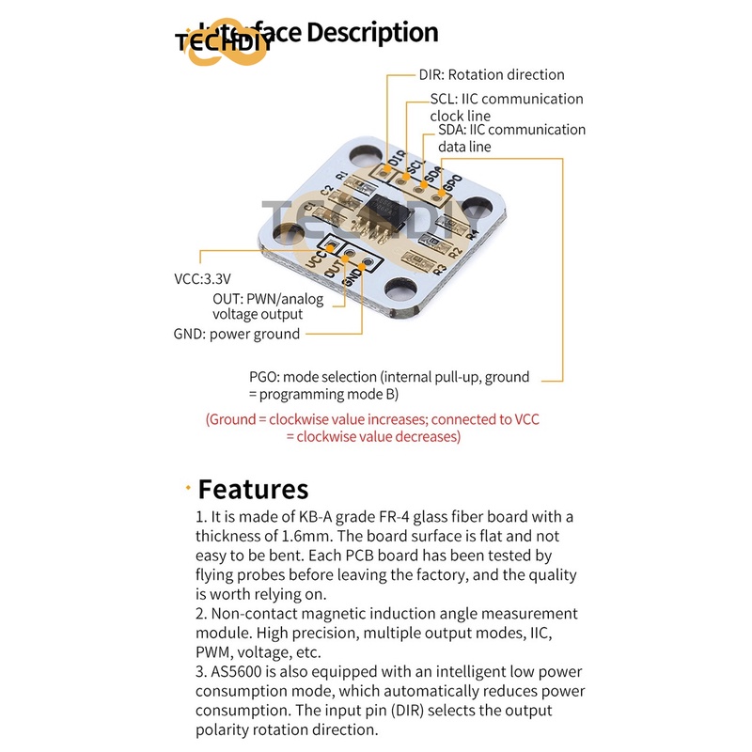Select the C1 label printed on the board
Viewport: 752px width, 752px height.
(310, 208)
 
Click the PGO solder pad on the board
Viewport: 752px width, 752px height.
(440, 193)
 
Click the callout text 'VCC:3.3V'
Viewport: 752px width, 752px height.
(202, 279)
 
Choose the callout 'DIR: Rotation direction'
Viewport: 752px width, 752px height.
(491, 74)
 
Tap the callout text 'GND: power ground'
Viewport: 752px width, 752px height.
(237, 334)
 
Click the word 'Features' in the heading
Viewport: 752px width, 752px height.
(253, 489)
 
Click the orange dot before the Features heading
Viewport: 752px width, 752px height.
(188, 487)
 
